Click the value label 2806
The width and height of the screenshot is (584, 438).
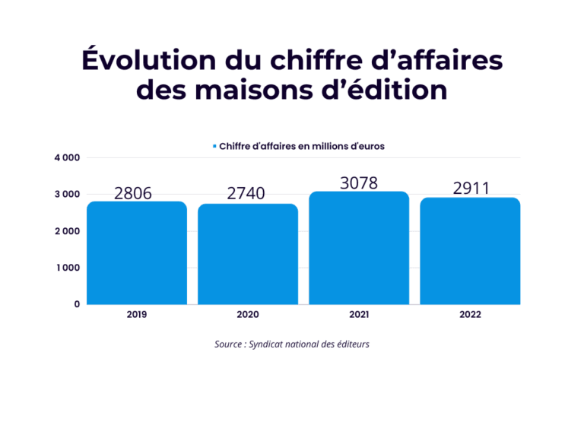(x=133, y=193)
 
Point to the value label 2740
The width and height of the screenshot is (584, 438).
(x=246, y=194)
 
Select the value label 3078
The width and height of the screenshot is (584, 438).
(x=359, y=182)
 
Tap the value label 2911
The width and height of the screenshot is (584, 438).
(x=471, y=188)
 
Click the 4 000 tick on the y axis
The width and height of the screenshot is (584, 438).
(x=67, y=158)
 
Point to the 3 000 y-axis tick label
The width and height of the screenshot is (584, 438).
(x=67, y=195)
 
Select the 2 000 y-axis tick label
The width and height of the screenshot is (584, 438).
(x=67, y=231)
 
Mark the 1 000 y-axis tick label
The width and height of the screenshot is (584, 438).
(x=67, y=268)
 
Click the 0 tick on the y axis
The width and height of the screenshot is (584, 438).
(x=77, y=304)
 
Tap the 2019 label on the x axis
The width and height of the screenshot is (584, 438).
(x=137, y=315)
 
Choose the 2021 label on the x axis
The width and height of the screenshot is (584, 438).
(x=359, y=315)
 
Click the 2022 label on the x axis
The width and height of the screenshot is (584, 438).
(x=470, y=315)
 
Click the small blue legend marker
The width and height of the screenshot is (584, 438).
(x=215, y=146)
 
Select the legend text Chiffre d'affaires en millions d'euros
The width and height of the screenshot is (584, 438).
(x=301, y=146)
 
